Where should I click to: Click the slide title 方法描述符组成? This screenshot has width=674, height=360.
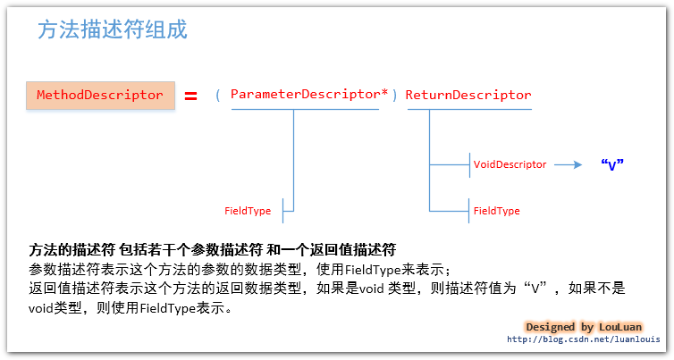tap(113, 29)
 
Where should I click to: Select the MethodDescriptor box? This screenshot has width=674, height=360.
tap(101, 96)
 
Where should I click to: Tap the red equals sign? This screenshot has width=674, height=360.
tap(191, 96)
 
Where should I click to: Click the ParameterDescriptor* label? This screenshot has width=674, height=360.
tap(309, 94)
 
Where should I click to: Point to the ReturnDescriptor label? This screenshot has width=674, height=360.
tap(468, 95)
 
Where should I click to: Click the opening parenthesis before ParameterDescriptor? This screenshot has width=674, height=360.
tap(218, 95)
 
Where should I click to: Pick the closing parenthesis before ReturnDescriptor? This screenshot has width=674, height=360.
tap(394, 95)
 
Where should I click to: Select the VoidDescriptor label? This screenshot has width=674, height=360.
tap(510, 164)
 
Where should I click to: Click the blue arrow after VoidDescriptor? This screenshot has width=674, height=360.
tap(568, 164)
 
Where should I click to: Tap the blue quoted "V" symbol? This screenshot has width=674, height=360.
tap(612, 164)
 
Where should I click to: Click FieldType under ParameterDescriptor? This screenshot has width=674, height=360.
tap(248, 211)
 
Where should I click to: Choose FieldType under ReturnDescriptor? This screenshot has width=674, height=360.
tap(496, 211)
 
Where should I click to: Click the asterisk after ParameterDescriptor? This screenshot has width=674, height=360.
tap(384, 92)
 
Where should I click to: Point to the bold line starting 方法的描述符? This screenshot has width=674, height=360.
tap(213, 249)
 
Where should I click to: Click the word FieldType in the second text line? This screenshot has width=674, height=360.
tap(373, 270)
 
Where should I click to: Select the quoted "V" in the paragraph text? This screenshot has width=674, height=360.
tap(535, 288)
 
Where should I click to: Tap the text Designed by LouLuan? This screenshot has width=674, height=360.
tap(584, 327)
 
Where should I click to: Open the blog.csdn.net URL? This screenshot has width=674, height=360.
tap(584, 339)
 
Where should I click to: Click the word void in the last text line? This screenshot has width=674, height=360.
tap(40, 308)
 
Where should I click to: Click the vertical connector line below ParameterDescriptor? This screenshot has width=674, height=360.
tap(293, 160)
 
